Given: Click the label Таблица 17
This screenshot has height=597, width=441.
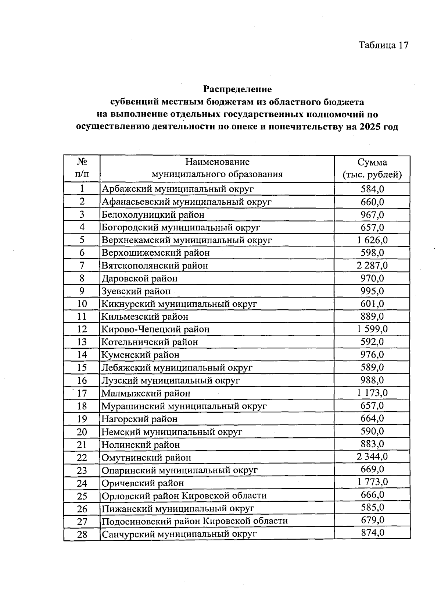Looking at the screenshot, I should click(x=383, y=45).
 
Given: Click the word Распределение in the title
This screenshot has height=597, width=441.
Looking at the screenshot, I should click(x=237, y=89).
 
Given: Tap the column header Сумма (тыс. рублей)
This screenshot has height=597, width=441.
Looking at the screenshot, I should click(x=372, y=168).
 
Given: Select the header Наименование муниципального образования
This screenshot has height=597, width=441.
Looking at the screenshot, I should click(x=217, y=168).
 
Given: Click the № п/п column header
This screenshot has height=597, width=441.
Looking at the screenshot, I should click(x=82, y=168).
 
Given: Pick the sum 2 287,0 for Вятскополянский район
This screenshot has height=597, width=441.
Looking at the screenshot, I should click(x=372, y=265).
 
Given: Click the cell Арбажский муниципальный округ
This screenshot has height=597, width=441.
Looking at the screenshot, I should click(x=178, y=189).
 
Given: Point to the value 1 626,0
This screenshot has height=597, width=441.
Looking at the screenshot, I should click(x=372, y=240).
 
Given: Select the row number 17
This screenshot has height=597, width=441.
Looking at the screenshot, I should click(x=82, y=393).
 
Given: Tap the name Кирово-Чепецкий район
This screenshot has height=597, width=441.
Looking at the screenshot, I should click(x=155, y=329).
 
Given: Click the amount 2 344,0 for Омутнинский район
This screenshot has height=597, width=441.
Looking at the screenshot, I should click(x=372, y=457).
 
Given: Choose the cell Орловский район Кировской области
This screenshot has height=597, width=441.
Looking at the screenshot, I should click(x=184, y=495).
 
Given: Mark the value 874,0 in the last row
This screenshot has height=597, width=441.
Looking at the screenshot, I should click(x=372, y=532).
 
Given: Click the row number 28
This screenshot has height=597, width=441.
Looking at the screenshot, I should click(x=82, y=534).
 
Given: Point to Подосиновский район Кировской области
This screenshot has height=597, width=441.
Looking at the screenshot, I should click(x=194, y=521).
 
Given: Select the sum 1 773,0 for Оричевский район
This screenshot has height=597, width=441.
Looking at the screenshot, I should click(x=372, y=482).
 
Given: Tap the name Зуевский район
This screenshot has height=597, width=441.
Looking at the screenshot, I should click(x=136, y=291).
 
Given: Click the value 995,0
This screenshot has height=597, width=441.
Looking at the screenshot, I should click(x=372, y=291).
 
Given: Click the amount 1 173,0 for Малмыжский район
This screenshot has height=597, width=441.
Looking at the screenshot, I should click(x=372, y=393).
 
